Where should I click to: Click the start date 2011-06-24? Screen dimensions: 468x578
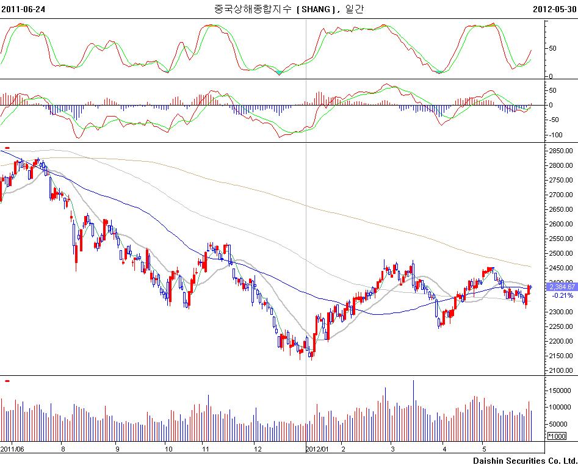click(x=23, y=9)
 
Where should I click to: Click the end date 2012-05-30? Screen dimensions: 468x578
click(x=555, y=9)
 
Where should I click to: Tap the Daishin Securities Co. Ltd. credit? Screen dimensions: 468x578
click(x=525, y=461)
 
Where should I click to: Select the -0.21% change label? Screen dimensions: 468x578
click(x=562, y=295)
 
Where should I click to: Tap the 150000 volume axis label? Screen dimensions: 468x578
click(x=560, y=390)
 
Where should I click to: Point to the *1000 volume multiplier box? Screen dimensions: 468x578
click(x=557, y=436)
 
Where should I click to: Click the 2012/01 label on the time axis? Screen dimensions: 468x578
click(x=317, y=448)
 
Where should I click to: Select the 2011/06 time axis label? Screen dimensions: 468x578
click(x=12, y=448)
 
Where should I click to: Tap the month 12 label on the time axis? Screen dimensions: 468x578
click(x=258, y=448)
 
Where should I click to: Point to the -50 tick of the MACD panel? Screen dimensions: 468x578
click(x=555, y=120)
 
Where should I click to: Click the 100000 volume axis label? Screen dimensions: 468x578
click(x=560, y=407)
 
